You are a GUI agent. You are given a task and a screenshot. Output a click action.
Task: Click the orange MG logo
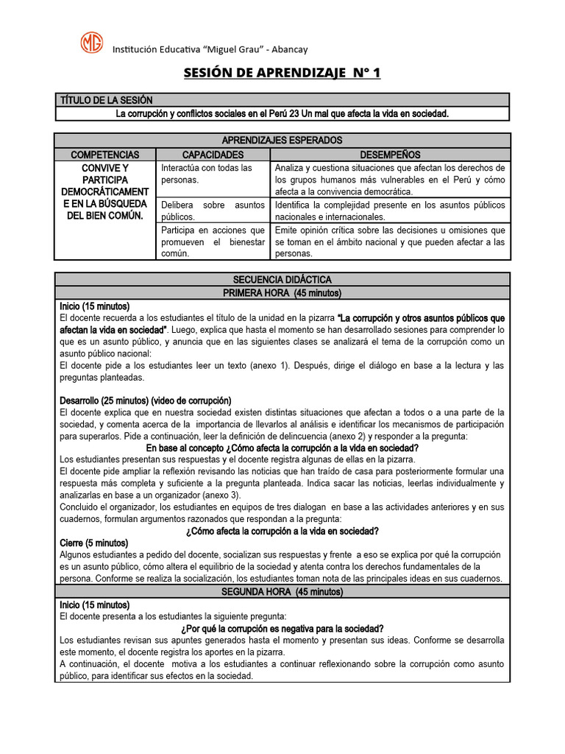click(x=92, y=42)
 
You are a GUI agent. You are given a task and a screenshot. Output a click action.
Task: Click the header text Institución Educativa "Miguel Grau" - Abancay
click(x=210, y=49)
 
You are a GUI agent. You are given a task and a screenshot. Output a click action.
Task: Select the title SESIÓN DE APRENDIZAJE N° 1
click(x=282, y=74)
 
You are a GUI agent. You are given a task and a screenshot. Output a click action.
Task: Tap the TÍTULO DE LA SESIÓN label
click(x=107, y=100)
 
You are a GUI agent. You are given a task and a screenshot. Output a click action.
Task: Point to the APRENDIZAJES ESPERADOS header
click(x=282, y=140)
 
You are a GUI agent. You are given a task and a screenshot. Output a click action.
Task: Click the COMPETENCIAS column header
click(x=105, y=155)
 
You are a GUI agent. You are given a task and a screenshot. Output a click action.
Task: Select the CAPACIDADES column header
click(x=213, y=155)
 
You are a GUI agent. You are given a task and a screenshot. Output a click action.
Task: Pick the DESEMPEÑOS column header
click(x=389, y=155)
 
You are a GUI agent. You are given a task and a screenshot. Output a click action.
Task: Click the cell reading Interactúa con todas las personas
click(x=213, y=173)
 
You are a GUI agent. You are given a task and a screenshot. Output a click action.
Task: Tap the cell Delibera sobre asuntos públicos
click(x=213, y=211)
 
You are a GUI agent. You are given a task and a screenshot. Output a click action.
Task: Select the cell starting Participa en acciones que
click(x=213, y=242)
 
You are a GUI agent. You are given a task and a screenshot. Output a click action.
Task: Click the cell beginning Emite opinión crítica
click(x=389, y=242)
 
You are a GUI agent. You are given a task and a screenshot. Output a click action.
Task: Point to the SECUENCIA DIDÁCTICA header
click(x=282, y=280)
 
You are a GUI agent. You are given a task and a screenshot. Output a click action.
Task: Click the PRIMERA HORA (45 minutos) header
click(x=282, y=293)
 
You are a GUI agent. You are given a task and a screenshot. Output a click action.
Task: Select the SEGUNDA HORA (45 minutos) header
click(x=282, y=591)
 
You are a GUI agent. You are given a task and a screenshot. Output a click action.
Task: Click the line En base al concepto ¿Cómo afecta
click(x=282, y=448)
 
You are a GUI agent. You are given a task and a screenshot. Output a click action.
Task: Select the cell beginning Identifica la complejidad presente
click(x=389, y=211)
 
